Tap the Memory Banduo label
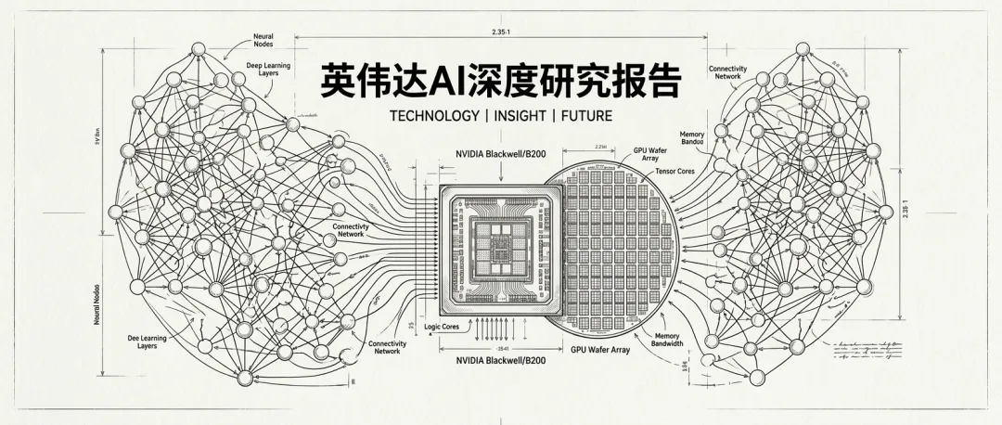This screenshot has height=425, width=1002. (692, 138)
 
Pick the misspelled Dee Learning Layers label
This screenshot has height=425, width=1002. (147, 342)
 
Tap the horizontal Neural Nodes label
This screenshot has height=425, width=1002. (263, 40)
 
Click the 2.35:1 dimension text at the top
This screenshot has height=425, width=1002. (506, 32)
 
